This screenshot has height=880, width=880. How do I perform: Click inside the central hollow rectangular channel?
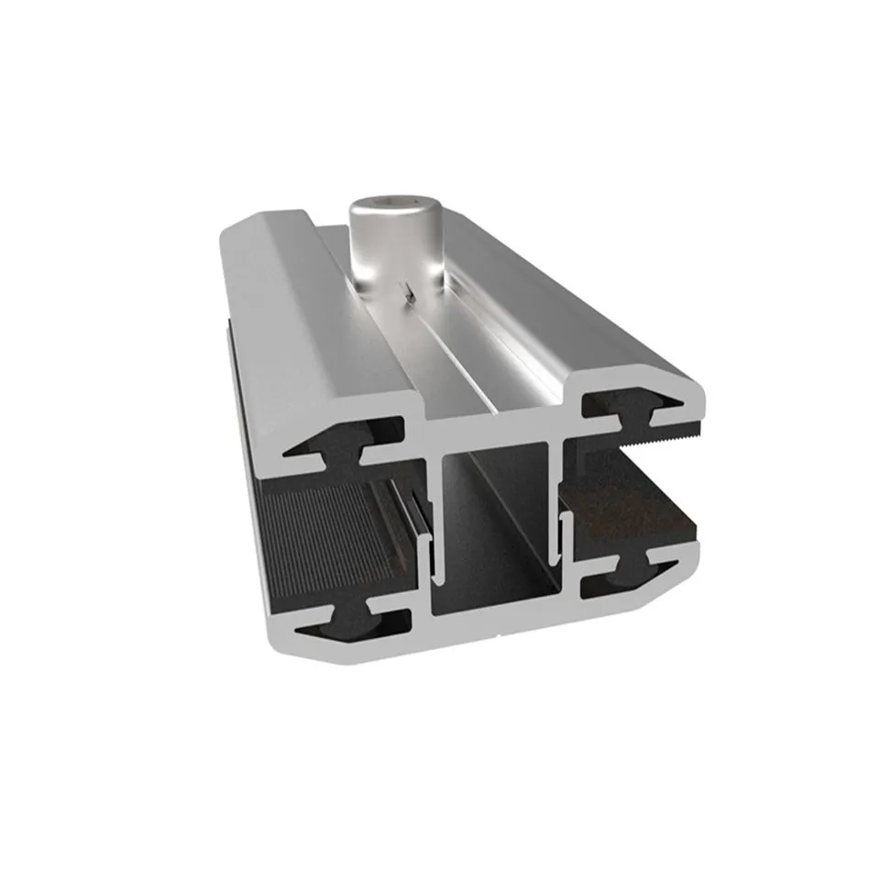coord(495,541)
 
